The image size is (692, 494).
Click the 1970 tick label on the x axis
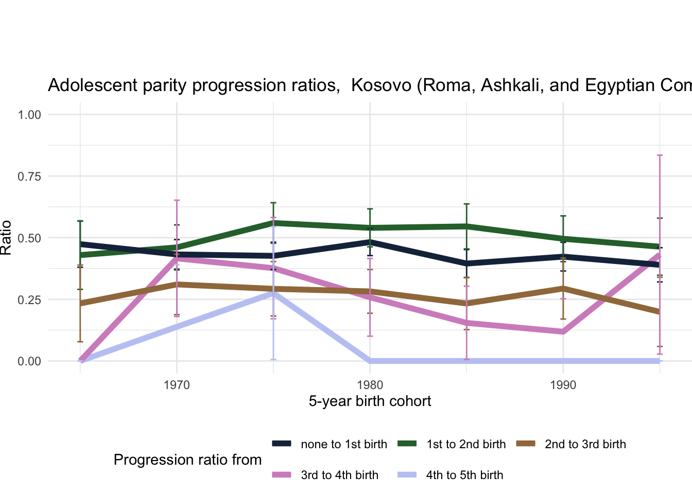tap(177, 385)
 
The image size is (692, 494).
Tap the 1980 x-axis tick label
tap(370, 385)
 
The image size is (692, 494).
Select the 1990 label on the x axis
tap(563, 385)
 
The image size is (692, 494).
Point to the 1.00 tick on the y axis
tap(29, 114)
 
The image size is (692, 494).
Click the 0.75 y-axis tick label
tap(29, 176)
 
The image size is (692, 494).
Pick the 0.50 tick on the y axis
tap(29, 238)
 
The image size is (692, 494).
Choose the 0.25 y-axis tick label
tap(29, 299)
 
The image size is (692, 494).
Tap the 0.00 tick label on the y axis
tap(29, 361)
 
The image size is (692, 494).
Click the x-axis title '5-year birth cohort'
tap(370, 401)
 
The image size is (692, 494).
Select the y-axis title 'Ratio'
tap(6, 238)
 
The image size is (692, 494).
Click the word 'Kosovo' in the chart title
tap(381, 85)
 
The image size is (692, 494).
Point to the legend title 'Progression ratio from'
tap(187, 460)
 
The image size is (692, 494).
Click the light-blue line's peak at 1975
tap(273, 293)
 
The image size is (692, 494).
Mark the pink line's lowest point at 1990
tap(563, 332)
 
